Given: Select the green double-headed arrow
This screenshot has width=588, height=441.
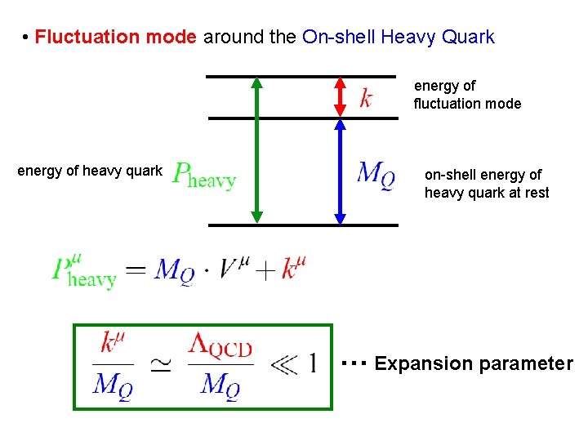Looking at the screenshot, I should (x=256, y=150).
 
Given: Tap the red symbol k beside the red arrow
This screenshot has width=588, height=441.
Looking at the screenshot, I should (x=367, y=98).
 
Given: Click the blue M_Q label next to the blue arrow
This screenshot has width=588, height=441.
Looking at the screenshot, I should (x=376, y=174).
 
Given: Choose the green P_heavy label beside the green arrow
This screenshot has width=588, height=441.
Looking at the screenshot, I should (x=204, y=175).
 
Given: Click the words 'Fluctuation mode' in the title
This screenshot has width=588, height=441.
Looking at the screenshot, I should (x=115, y=38).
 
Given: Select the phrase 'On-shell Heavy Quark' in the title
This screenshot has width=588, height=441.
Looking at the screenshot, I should (x=398, y=38).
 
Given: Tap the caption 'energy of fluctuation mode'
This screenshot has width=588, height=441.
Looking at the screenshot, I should (x=466, y=95).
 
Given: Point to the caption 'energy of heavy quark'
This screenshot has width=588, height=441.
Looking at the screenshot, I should (x=90, y=171).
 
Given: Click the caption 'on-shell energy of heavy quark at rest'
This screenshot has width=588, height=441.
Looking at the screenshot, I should (x=487, y=184).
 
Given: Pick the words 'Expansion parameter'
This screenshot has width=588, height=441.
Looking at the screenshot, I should (x=474, y=363).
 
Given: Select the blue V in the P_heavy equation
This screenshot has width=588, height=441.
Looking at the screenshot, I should (x=229, y=268).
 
